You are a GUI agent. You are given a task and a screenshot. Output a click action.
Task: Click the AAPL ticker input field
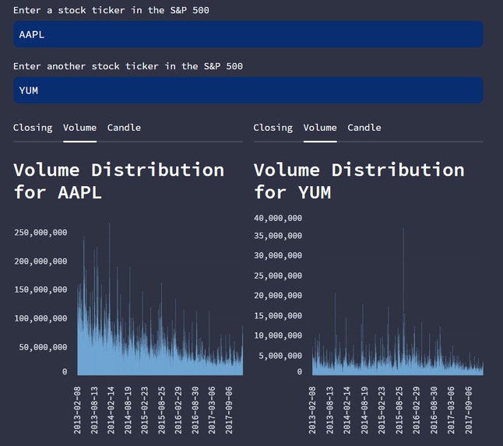248,34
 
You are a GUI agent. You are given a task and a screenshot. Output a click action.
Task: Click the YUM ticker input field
248,90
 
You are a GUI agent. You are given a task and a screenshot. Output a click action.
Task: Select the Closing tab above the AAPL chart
33,128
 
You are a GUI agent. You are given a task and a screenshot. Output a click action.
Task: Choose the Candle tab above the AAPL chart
124,128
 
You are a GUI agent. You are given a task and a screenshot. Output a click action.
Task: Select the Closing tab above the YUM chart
273,128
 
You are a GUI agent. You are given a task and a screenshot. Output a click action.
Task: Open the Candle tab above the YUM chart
364,128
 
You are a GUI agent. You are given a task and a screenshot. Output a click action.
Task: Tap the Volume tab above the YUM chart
320,128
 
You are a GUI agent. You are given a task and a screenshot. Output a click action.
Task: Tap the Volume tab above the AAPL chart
79,128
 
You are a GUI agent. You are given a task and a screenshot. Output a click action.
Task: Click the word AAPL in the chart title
80,191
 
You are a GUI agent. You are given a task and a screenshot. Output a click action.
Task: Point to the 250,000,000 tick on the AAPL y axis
40,233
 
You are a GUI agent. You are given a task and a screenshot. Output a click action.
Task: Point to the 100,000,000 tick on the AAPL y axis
40,318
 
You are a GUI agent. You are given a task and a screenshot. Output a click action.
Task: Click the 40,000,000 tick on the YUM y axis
277,218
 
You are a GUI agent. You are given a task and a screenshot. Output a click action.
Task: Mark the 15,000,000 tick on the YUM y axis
277,315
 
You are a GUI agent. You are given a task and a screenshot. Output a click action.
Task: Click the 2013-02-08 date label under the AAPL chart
79,408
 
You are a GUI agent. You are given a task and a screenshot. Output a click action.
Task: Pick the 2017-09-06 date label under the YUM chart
470,408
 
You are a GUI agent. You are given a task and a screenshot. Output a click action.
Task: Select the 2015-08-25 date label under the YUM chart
399,408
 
